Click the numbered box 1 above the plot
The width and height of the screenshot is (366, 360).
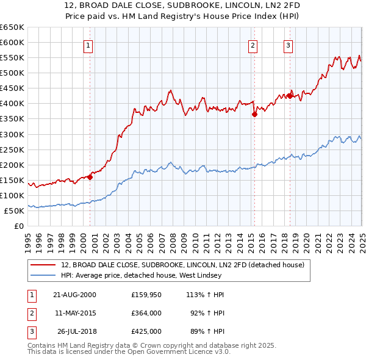pyautogui.click(x=88, y=45)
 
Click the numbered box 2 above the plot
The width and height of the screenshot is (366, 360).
pyautogui.click(x=253, y=45)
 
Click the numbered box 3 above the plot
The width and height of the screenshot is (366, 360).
pyautogui.click(x=288, y=45)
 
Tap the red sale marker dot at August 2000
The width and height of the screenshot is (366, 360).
pyautogui.click(x=90, y=177)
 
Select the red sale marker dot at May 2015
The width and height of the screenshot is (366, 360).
pyautogui.click(x=254, y=114)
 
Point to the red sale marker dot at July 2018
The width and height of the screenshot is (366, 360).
pyautogui.click(x=290, y=96)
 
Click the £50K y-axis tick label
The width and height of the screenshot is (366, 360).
pyautogui.click(x=14, y=211)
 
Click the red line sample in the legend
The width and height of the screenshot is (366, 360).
pyautogui.click(x=43, y=265)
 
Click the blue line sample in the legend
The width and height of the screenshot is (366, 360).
pyautogui.click(x=43, y=275)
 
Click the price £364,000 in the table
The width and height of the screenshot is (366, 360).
pyautogui.click(x=146, y=313)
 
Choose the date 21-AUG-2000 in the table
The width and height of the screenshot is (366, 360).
pyautogui.click(x=74, y=294)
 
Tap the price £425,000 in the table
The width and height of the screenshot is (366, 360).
pyautogui.click(x=146, y=332)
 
